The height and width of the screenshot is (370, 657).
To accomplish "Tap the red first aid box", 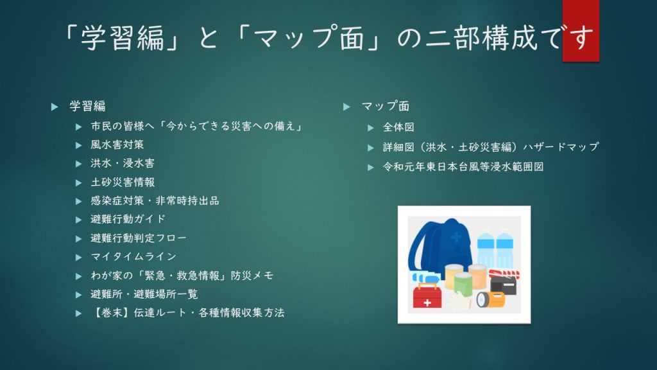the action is (427, 296).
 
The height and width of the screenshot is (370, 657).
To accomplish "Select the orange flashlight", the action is (491, 299).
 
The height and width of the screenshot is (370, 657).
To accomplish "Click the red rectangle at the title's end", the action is (580, 31).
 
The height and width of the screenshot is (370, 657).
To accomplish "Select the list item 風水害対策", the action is (117, 145).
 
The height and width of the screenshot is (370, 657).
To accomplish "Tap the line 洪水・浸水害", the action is (123, 163).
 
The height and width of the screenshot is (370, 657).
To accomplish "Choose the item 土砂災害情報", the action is (123, 182).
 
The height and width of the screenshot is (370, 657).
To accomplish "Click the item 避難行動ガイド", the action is (128, 219).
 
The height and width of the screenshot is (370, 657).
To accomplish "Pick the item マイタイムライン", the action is (133, 256).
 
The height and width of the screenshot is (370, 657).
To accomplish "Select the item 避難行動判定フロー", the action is (139, 238).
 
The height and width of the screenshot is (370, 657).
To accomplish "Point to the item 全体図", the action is (398, 127).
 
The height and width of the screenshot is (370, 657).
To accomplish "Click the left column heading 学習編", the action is (87, 106).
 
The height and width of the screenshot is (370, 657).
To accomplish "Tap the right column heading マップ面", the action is (386, 106).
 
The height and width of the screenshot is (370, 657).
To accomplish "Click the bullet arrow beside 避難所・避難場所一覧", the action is (78, 294).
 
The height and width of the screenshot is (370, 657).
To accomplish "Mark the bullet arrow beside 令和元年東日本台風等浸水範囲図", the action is (370, 168).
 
